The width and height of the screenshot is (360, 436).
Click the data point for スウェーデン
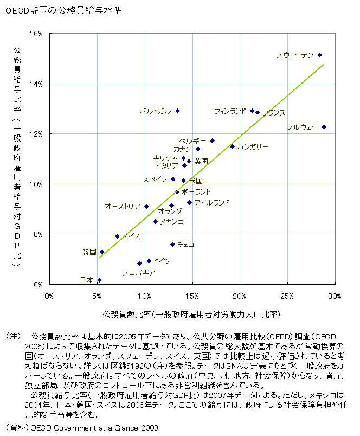pyautogui.click(x=319, y=55)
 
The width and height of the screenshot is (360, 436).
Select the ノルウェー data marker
pyautogui.click(x=324, y=127)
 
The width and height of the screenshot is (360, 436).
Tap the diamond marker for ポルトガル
pyautogui.click(x=177, y=111)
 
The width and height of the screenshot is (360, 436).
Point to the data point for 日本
pyautogui.click(x=99, y=280)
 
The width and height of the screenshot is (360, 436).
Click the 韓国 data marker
pyautogui.click(x=102, y=252)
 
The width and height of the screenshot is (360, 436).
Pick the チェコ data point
pyautogui.click(x=173, y=244)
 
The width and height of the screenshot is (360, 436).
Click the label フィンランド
pyautogui.click(x=230, y=111)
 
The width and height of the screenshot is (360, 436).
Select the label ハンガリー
pyautogui.click(x=253, y=147)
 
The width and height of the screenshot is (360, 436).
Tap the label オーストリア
pyautogui.click(x=123, y=206)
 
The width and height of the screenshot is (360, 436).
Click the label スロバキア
pyautogui.click(x=139, y=273)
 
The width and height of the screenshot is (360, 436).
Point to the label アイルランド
pyautogui.click(x=211, y=203)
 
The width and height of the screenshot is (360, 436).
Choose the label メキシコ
pyautogui.click(x=172, y=222)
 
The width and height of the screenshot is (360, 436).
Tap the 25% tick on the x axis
pyautogui.click(x=287, y=296)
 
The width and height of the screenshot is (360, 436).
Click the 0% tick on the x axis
pyautogui.click(x=49, y=296)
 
